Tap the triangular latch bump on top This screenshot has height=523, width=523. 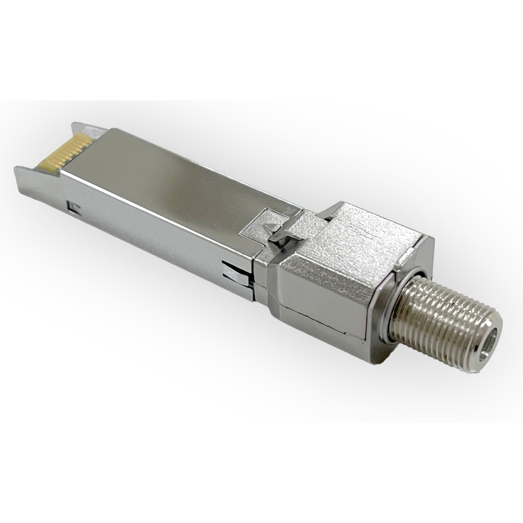tap(272, 228)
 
